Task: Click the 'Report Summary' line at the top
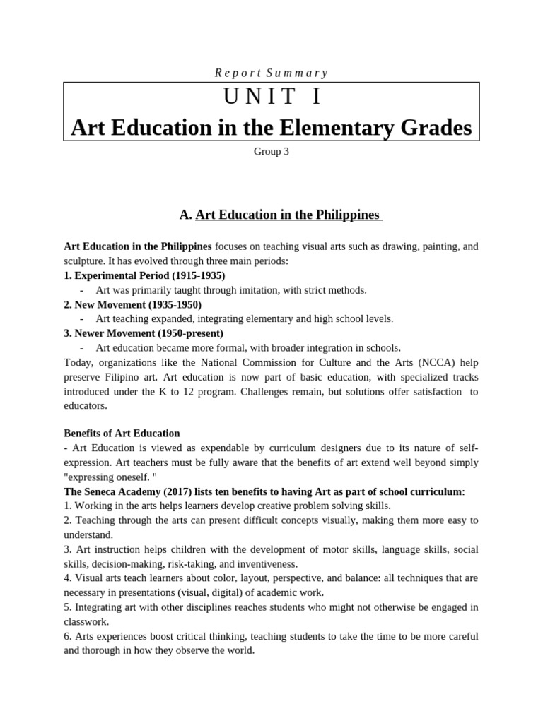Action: point(271,73)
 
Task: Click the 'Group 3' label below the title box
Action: point(271,151)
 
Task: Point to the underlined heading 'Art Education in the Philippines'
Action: point(288,215)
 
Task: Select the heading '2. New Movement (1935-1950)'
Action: point(133,304)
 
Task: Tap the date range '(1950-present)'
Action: point(192,333)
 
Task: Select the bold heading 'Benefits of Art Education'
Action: point(122,433)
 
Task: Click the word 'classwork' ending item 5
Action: point(86,621)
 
